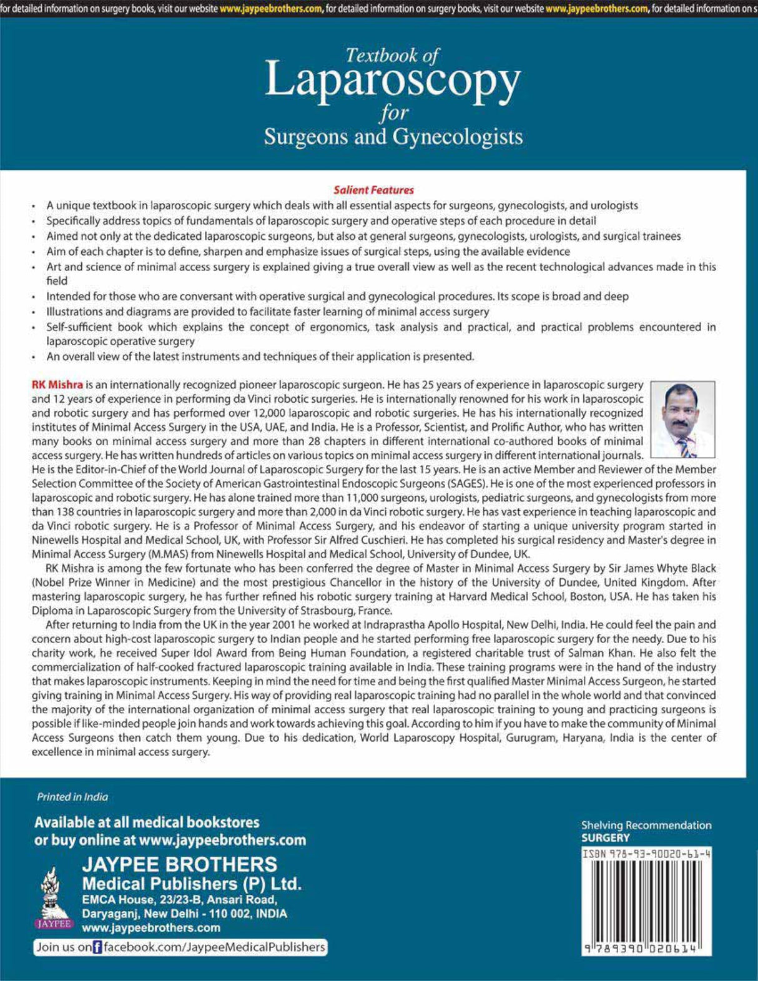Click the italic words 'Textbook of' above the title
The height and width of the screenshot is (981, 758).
392,56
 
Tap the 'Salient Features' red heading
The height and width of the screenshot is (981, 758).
373,190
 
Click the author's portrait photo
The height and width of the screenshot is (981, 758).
682,420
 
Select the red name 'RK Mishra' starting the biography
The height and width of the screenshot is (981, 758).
57,385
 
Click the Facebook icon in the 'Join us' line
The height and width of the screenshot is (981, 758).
97,947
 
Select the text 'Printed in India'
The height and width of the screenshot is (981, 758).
72,797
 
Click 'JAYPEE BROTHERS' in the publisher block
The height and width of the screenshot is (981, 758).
180,864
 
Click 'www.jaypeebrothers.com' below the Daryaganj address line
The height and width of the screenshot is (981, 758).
151,927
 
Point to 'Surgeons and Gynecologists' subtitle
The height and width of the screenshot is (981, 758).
393,136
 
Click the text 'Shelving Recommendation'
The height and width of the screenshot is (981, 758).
646,825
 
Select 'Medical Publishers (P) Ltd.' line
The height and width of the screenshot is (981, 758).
192,884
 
